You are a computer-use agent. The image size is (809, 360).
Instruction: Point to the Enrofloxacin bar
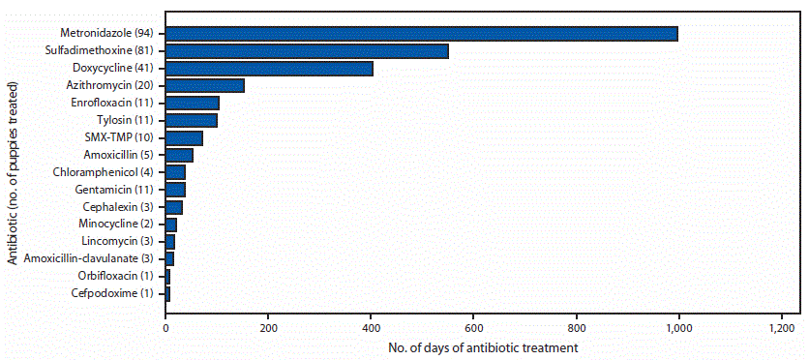click(x=193, y=103)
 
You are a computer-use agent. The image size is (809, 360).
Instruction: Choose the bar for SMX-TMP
click(x=184, y=137)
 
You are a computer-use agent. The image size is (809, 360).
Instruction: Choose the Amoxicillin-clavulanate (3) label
click(x=94, y=258)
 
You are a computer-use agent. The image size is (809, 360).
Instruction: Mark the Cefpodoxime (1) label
click(x=119, y=293)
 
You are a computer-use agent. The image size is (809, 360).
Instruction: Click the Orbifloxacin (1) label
click(x=120, y=276)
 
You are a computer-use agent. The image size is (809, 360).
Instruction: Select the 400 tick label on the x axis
click(x=371, y=327)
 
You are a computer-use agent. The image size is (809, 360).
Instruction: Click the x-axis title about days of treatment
click(x=470, y=346)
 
